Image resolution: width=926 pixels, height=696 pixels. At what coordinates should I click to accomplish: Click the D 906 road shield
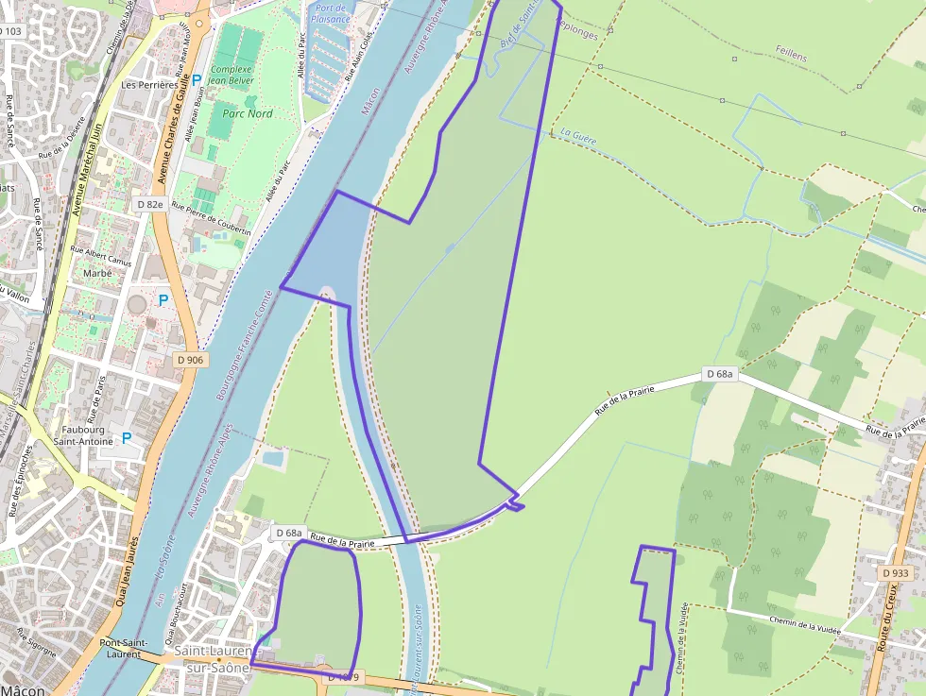point(190,360)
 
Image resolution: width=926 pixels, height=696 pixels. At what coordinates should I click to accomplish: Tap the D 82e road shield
point(149,204)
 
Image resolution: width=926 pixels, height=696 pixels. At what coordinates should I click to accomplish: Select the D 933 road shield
point(894,573)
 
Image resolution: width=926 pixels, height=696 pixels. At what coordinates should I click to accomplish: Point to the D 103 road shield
point(10,31)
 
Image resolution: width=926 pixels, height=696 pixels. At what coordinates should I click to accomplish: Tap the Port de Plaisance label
point(331,13)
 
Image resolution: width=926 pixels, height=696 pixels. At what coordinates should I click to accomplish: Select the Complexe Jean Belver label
point(231,75)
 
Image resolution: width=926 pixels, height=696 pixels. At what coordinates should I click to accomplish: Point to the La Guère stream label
point(578,136)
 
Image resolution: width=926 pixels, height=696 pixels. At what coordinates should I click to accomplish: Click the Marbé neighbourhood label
point(97,274)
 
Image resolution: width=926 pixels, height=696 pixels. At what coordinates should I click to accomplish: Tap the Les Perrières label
point(149,84)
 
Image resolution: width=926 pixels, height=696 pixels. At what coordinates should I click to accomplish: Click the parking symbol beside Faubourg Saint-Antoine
point(127,438)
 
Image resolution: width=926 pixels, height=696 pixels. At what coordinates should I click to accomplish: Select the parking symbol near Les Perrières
point(197,81)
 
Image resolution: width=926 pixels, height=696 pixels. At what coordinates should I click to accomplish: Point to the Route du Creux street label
point(888,615)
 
